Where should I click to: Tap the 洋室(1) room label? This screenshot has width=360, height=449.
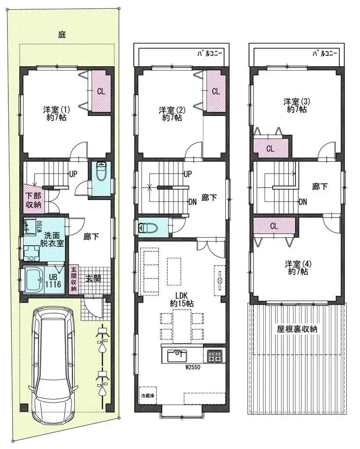pyautogui.click(x=57, y=113)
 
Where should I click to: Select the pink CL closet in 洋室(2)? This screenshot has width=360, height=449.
pyautogui.click(x=216, y=92)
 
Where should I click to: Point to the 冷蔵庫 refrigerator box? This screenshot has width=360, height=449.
pyautogui.click(x=146, y=394)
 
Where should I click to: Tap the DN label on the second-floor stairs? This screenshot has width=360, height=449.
pyautogui.click(x=192, y=202)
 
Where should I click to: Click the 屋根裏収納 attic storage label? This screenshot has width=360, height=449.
pyautogui.click(x=297, y=328)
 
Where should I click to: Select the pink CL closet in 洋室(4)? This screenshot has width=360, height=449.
pyautogui.click(x=274, y=226)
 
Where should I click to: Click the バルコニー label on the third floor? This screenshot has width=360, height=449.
pyautogui.click(x=325, y=53)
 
